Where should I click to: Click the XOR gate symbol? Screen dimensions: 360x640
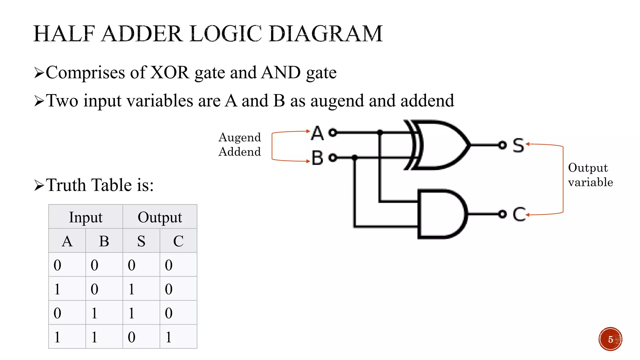pyautogui.click(x=441, y=145)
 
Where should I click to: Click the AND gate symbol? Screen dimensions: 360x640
pyautogui.click(x=441, y=214)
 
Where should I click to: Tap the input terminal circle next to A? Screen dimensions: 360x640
pyautogui.click(x=333, y=132)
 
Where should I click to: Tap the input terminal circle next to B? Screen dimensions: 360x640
pyautogui.click(x=333, y=157)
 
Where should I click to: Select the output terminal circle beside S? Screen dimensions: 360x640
pyautogui.click(x=502, y=145)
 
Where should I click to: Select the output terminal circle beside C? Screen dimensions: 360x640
pyautogui.click(x=502, y=214)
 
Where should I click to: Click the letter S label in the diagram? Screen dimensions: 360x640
pyautogui.click(x=518, y=145)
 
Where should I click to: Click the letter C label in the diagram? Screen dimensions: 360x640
pyautogui.click(x=519, y=214)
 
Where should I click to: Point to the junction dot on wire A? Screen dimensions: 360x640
pyautogui.click(x=380, y=132)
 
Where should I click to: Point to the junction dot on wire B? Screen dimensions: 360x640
pyautogui.click(x=355, y=157)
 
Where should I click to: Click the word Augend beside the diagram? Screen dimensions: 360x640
pyautogui.click(x=240, y=137)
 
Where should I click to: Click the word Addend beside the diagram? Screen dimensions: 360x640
pyautogui.click(x=240, y=152)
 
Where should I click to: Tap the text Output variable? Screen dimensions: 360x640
pyautogui.click(x=590, y=175)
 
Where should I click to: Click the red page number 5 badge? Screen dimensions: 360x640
pyautogui.click(x=610, y=339)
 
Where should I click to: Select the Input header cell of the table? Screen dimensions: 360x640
pyautogui.click(x=86, y=217)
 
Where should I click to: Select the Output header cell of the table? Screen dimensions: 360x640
pyautogui.click(x=160, y=217)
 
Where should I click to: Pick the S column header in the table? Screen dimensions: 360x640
pyautogui.click(x=141, y=241)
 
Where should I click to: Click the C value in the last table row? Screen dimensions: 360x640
pyautogui.click(x=169, y=337)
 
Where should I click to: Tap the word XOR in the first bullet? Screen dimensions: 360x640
pyautogui.click(x=170, y=72)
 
